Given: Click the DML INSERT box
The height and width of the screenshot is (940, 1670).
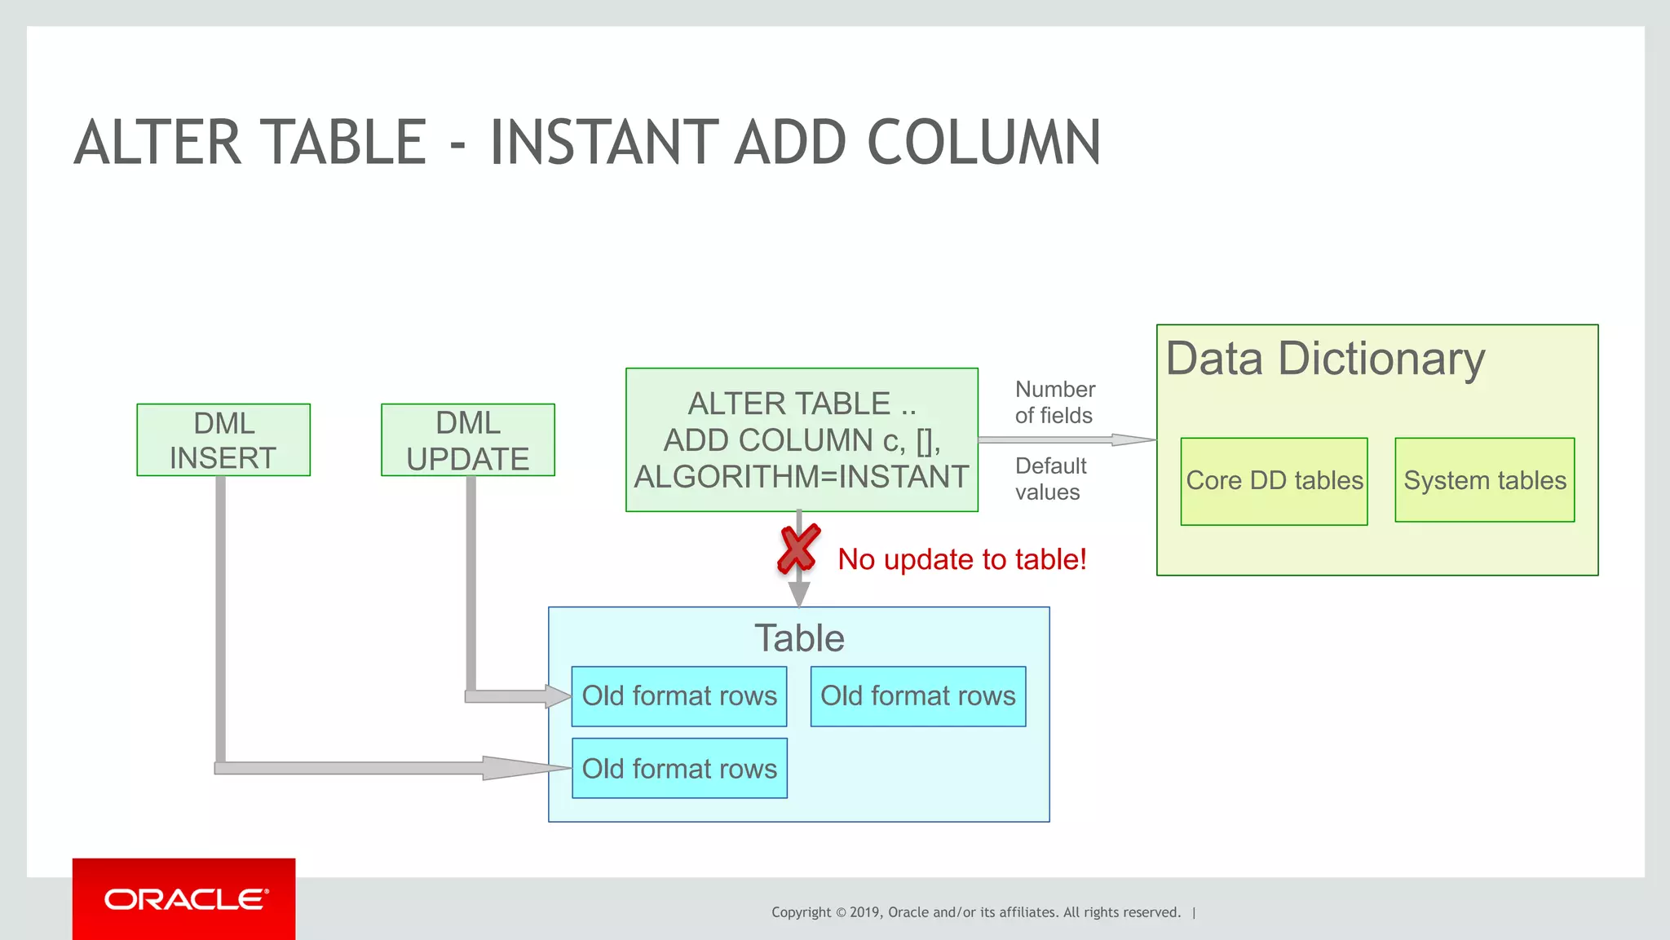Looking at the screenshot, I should coord(223,440).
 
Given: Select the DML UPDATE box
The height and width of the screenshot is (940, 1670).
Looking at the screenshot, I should coord(468,440).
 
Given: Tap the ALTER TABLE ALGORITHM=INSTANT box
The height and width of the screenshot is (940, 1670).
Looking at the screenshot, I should coord(802,440).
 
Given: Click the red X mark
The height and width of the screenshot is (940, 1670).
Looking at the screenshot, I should coord(798,549).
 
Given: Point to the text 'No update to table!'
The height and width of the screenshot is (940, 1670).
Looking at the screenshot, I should coord(962,559).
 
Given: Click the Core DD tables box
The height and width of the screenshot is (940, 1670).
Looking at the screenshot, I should coord(1274,481).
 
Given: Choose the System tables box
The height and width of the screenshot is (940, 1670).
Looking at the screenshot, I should coord(1484,480).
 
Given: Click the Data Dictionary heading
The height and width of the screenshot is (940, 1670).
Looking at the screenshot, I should coord(1325,359).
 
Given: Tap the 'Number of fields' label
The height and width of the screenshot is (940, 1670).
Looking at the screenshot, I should coord(1054,402).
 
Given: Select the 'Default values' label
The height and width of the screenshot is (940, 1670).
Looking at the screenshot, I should coord(1050,479).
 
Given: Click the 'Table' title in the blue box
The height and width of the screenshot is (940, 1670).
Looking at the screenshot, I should coord(799,638).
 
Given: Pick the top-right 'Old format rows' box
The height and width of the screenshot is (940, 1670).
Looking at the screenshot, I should coord(918,696).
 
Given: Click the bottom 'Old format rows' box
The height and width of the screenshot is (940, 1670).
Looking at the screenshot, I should coord(679,768).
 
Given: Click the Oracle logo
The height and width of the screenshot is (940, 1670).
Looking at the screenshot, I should coord(184,899).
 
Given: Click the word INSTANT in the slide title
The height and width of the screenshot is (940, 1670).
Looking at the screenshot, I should coord(603,143).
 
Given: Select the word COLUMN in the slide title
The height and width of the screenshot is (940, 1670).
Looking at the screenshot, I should coord(983,143).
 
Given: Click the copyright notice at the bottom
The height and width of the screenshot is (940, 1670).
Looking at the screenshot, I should coord(976,912).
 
